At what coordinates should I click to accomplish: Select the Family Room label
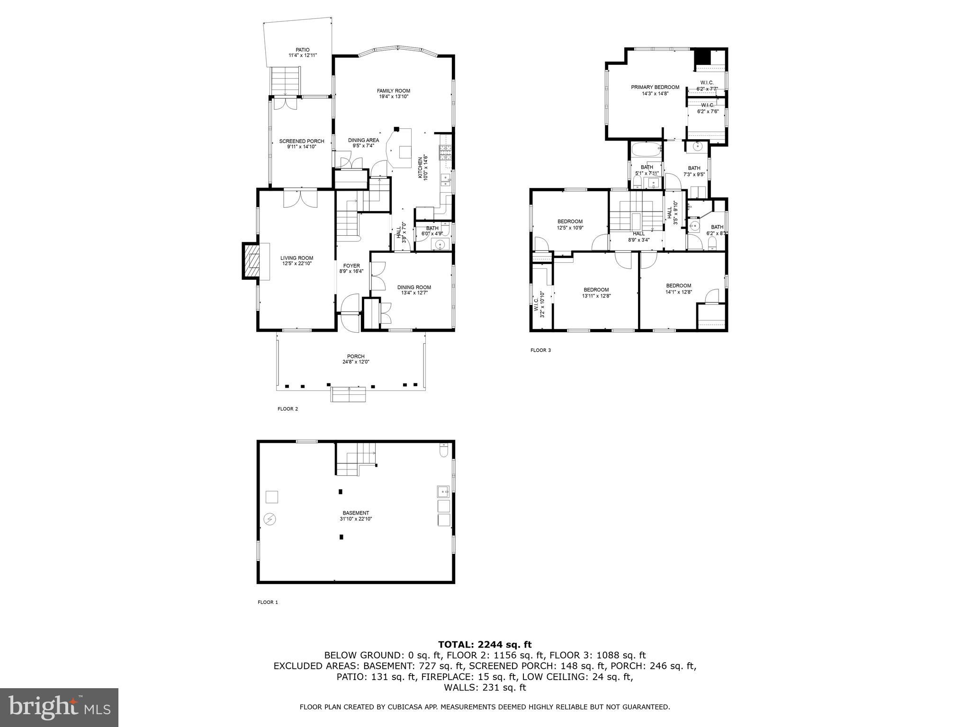(393, 91)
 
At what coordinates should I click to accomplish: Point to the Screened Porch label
(301, 141)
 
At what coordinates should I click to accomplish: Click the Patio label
(303, 50)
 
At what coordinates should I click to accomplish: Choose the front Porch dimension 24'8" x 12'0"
(355, 362)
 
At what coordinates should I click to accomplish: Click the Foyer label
(351, 266)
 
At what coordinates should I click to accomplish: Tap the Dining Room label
(414, 287)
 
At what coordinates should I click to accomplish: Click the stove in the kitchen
(445, 153)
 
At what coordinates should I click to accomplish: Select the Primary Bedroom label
(655, 87)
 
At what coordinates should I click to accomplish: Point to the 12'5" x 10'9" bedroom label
(570, 222)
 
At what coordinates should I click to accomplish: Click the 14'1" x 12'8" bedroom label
(678, 286)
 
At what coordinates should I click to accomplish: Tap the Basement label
(356, 513)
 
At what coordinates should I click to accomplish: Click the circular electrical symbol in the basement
(270, 519)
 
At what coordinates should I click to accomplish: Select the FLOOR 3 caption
(540, 351)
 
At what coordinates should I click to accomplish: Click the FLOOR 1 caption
(268, 603)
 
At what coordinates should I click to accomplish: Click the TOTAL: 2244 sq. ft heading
(485, 645)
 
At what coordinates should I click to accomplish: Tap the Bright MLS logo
(59, 708)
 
